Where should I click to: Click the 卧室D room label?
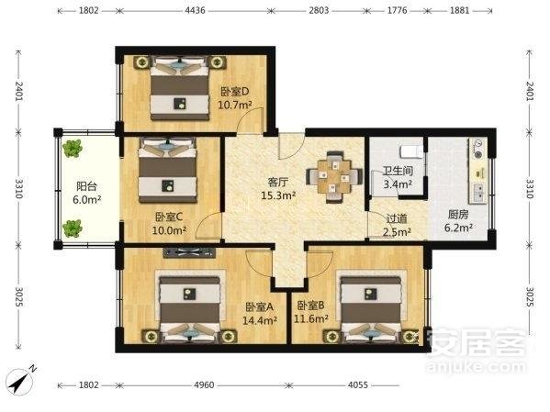pos(235,92)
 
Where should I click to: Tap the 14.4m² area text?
pos(260,320)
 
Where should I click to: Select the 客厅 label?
pos(278,183)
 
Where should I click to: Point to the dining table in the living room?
pos(334,177)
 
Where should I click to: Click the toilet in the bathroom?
pos(411,151)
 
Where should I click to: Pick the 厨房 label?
pos(458,214)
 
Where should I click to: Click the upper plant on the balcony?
pos(73,149)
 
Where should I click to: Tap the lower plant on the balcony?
pos(73,228)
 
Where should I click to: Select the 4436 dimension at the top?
pos(195,10)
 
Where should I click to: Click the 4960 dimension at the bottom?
pos(204,384)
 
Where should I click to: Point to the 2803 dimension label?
pos(319,10)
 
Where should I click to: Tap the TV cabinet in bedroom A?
pos(189,253)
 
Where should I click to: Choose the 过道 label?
pos(397,218)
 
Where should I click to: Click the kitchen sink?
pos(478,193)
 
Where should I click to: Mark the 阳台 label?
pos(86,186)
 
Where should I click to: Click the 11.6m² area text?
pos(311,318)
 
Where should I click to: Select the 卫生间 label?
pos(398,171)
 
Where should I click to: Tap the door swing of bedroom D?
pos(250,120)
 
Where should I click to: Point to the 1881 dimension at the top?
pos(459,10)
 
